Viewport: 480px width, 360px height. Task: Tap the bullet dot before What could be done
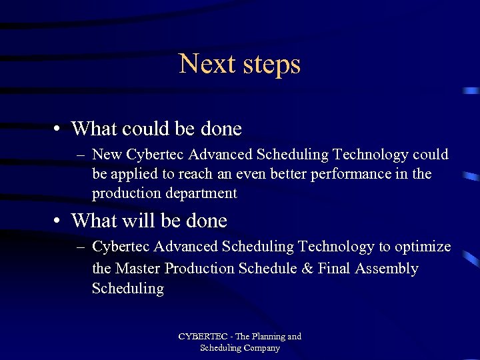[59, 128]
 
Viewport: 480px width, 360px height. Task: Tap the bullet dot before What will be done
[59, 221]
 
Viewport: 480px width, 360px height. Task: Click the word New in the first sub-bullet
[107, 155]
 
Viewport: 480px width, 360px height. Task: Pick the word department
[199, 194]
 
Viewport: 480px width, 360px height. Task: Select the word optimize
[422, 247]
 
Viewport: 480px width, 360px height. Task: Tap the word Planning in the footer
[265, 337]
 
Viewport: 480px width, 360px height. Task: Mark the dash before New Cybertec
[81, 155]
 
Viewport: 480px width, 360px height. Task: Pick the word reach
[199, 175]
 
